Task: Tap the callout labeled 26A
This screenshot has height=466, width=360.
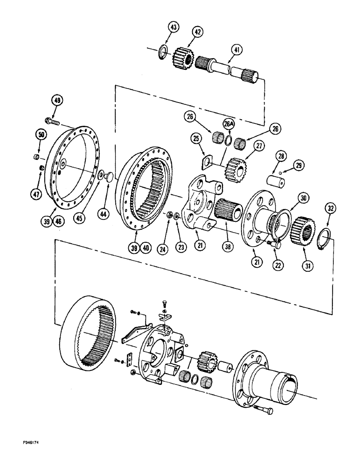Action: [228, 124]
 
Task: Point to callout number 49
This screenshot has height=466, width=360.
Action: [55, 101]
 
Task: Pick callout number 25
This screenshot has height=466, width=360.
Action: [195, 138]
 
